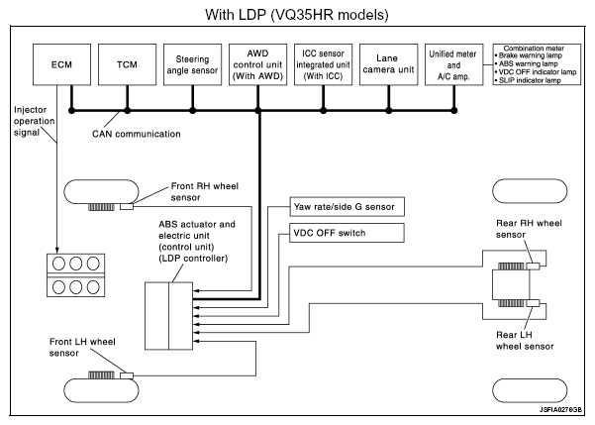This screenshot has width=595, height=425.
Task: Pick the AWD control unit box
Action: click(x=258, y=64)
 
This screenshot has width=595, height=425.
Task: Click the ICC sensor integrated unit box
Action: click(x=323, y=64)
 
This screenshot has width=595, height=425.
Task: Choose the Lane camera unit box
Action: click(x=389, y=64)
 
